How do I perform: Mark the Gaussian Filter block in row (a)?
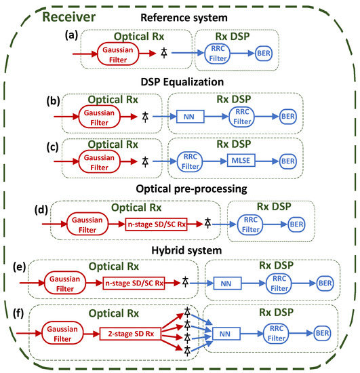[x=117, y=50]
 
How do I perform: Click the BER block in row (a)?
[x=264, y=52]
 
